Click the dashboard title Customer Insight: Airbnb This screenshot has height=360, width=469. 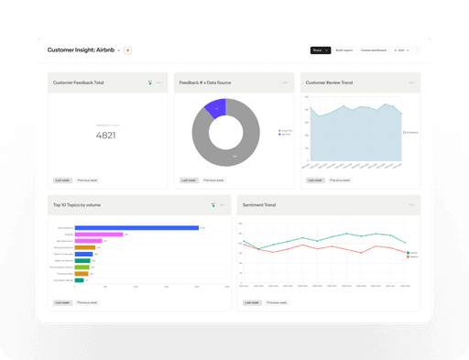[81, 49]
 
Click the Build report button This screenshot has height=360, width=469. [344, 49]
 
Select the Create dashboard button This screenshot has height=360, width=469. [373, 49]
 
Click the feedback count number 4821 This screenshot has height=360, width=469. [106, 136]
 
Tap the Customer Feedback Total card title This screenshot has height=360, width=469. [79, 82]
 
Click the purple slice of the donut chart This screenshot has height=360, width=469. [214, 108]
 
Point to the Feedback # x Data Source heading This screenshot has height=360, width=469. [205, 82]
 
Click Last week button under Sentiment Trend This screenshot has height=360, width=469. [251, 301]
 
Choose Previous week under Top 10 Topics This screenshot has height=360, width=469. [88, 301]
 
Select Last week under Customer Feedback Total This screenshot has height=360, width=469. [62, 180]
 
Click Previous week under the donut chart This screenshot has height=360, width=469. [214, 180]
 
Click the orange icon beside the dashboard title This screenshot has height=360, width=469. [127, 49]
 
